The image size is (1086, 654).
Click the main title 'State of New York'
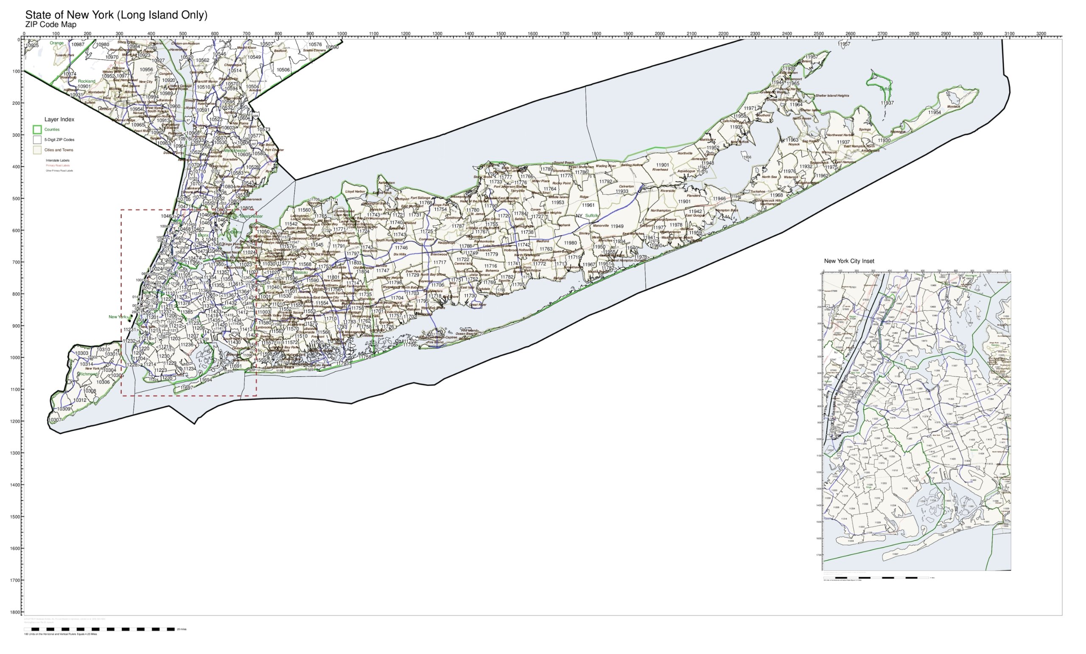116,15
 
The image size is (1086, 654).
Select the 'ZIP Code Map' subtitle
50,25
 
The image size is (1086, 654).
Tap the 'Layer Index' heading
59,119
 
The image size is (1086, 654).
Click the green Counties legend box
37,129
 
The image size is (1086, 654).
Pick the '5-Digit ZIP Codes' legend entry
59,140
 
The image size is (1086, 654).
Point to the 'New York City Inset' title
848,261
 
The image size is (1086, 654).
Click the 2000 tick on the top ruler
659,34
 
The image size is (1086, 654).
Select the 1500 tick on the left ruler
19,516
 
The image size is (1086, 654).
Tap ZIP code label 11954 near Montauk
934,112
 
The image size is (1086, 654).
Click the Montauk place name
954,107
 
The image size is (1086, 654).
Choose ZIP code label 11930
884,140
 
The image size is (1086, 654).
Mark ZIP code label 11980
570,243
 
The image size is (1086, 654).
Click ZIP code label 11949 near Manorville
616,227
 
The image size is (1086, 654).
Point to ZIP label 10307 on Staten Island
55,420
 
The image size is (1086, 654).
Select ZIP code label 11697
187,388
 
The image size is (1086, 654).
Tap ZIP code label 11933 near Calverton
622,192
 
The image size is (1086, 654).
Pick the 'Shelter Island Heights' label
832,95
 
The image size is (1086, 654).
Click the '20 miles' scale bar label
182,629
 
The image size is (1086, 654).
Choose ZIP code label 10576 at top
315,45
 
